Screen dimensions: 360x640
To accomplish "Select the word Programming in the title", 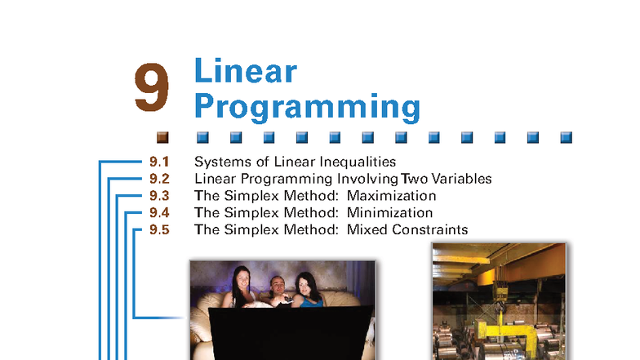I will click(x=307, y=107).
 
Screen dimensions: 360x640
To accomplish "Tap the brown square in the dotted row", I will click(x=162, y=136).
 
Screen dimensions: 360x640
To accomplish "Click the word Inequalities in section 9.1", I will click(x=361, y=162).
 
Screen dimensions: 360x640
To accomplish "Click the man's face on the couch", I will click(x=277, y=287).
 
